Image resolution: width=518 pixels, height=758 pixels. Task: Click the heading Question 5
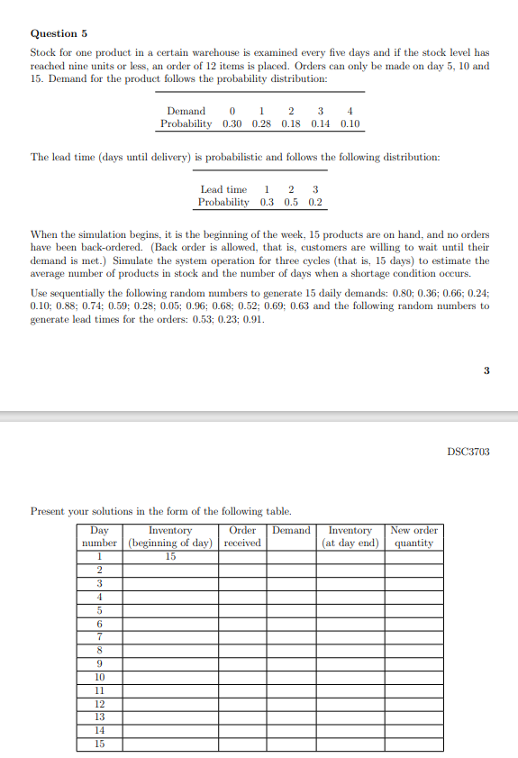pos(59,33)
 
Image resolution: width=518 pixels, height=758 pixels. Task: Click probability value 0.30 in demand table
pos(232,123)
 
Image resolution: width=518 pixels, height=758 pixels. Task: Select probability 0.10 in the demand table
pos(350,123)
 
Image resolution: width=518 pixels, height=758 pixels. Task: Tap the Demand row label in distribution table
pos(186,111)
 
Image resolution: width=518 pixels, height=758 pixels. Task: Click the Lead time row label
pos(223,189)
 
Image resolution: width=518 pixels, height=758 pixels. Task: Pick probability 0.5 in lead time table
pos(290,203)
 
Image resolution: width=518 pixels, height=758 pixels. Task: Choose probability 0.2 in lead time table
pos(314,203)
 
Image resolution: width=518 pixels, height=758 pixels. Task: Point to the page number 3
pos(486,369)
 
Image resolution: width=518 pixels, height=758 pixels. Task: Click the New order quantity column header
pos(413,536)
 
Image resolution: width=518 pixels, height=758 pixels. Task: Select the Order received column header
pos(243,536)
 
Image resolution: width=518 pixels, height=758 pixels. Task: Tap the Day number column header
pos(100,536)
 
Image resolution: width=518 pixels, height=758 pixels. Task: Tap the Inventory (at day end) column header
pos(350,536)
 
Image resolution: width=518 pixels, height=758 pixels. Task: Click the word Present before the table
pos(49,511)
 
